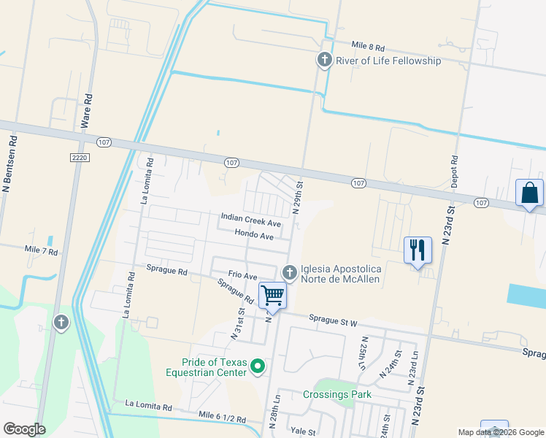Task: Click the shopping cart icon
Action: (272, 295)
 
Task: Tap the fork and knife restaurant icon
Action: (418, 250)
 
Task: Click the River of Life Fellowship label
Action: (388, 61)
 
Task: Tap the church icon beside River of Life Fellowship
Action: (325, 61)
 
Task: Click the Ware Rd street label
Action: (88, 111)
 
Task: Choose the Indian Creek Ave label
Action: (251, 221)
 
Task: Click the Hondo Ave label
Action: (254, 236)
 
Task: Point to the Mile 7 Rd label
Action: (41, 250)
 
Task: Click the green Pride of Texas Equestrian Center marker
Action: (257, 366)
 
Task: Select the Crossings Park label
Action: (337, 395)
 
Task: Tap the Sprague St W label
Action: (332, 319)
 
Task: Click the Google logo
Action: (24, 429)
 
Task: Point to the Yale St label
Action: (301, 431)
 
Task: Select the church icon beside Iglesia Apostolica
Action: (290, 272)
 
